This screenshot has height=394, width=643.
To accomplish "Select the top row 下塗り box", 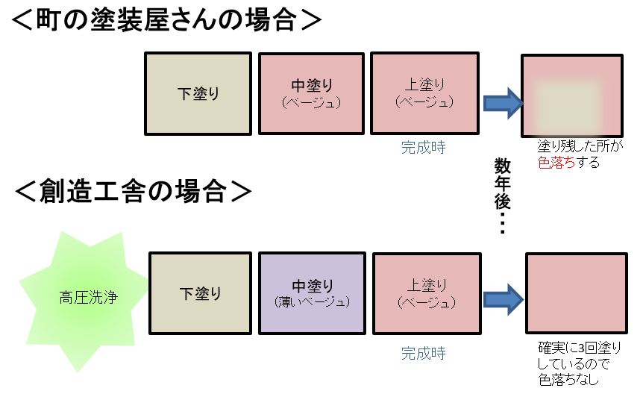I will [197, 93].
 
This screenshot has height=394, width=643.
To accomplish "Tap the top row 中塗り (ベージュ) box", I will [311, 93].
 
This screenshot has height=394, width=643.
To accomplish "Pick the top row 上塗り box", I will [424, 93].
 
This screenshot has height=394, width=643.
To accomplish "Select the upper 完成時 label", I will [423, 148].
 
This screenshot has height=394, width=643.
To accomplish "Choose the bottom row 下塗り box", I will [200, 293].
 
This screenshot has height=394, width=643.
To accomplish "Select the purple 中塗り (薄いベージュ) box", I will [312, 293].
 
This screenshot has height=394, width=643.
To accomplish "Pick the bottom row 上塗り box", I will [426, 293].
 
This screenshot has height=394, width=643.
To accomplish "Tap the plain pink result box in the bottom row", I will [574, 293].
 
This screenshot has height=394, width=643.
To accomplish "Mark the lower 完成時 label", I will [423, 353].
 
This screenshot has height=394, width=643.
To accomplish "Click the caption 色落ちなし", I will [568, 380].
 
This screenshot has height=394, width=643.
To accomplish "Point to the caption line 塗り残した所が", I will [580, 148].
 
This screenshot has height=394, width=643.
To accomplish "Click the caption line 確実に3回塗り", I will [579, 349].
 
